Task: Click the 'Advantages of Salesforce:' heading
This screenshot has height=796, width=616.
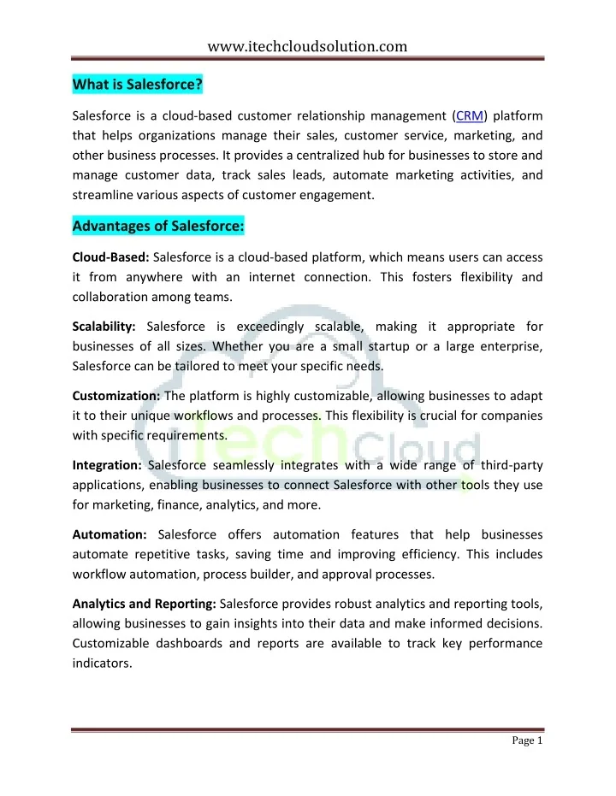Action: point(159,227)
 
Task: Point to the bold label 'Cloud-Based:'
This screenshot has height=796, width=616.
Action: point(111,257)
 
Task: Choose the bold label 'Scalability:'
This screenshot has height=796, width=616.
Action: point(106,326)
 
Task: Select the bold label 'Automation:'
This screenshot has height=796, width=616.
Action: point(110,534)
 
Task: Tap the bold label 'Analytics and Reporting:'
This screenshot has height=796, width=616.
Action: point(145,603)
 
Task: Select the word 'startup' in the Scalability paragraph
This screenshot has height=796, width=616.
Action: point(375,346)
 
